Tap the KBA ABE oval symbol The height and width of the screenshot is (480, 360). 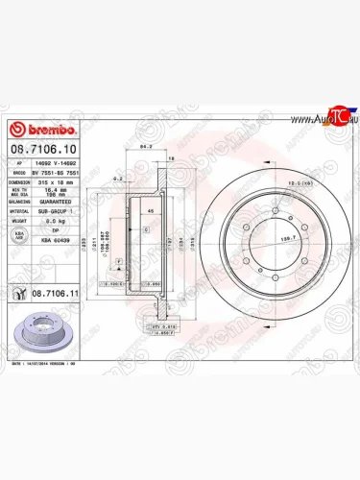tap(18, 235)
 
